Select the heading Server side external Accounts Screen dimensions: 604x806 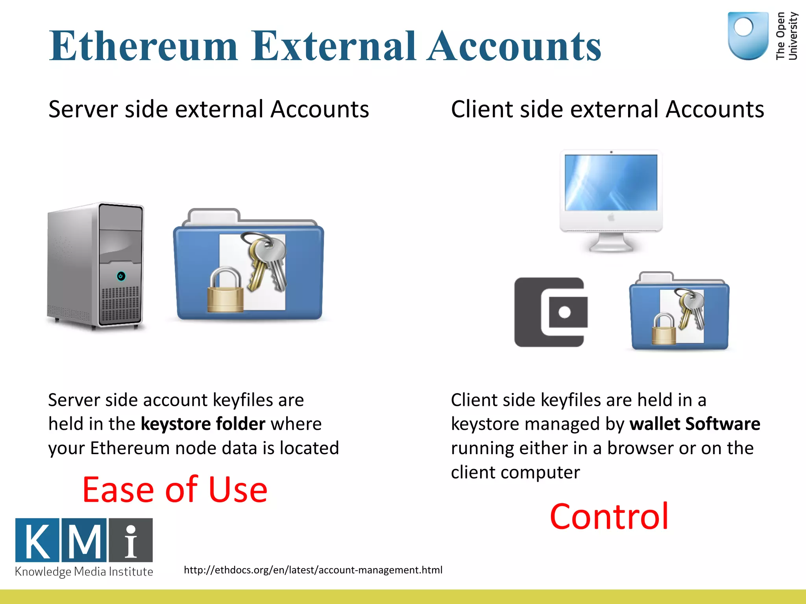pos(209,109)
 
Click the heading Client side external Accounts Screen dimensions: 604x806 pos(607,109)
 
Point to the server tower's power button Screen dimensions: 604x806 pos(121,276)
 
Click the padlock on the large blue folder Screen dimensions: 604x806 pos(225,291)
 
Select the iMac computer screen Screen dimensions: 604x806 pos(611,183)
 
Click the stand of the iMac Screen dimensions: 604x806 pos(611,242)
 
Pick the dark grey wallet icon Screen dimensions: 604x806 pos(550,312)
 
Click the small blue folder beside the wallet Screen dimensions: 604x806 pos(679,313)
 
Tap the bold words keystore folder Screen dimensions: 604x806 pos(203,424)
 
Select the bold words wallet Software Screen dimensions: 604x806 pos(695,424)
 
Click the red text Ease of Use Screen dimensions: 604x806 pos(175,490)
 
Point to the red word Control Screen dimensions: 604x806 pos(609,516)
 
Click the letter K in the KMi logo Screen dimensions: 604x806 pos(37,540)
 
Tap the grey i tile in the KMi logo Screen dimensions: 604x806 pos(131,540)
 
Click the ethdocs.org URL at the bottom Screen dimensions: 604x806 pos(313,570)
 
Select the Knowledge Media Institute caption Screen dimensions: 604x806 pos(84,571)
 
